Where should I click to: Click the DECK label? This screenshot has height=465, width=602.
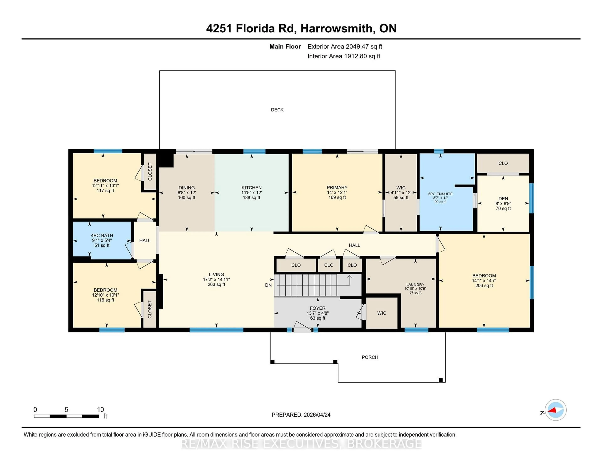tap(277, 110)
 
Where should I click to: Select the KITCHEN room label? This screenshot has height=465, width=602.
tap(251, 188)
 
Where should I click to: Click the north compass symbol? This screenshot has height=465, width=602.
tap(555, 410)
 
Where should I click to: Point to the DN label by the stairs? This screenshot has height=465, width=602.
tap(268, 285)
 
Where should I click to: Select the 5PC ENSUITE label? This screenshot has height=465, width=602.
tap(440, 194)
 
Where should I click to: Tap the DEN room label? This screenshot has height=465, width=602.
tap(503, 199)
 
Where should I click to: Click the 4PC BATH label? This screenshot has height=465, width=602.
tap(102, 235)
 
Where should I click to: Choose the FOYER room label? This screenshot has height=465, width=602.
tap(317, 308)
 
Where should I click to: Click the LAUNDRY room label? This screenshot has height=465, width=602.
tap(415, 285)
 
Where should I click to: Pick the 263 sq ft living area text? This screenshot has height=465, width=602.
tap(216, 285)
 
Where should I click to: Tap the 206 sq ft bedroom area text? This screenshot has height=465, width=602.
tap(484, 286)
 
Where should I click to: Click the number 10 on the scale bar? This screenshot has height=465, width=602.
tap(100, 410)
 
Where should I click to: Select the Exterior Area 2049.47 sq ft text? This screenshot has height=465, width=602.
tap(345, 47)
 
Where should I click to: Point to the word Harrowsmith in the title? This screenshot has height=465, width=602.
tap(336, 28)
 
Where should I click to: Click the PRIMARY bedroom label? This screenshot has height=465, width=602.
tap(337, 188)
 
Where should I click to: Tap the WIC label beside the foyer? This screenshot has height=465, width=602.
tap(381, 313)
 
